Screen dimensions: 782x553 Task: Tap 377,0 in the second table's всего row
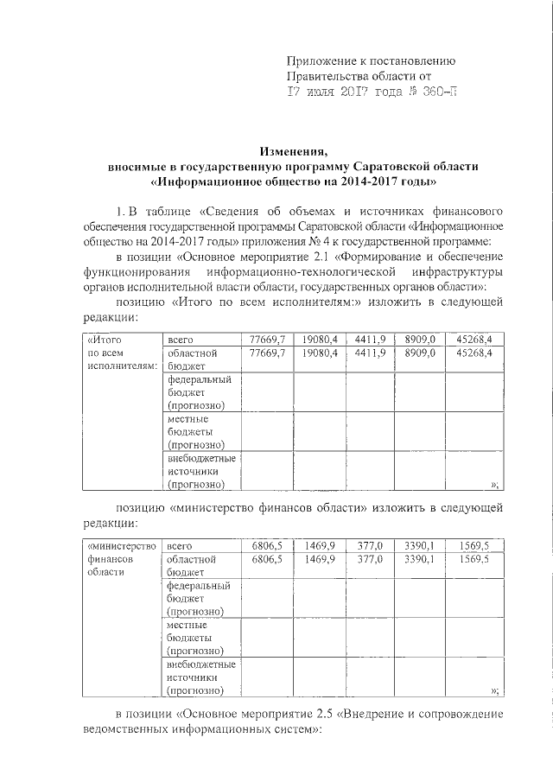370,545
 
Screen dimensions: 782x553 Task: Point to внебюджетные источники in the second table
202,677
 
